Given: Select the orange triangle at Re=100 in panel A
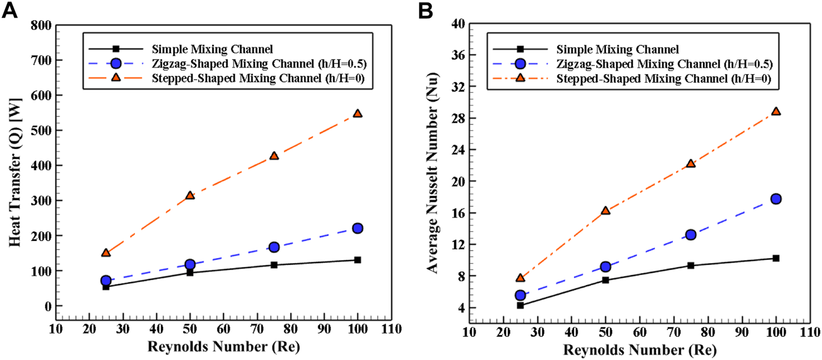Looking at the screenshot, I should point(357,113).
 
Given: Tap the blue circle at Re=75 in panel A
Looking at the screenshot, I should point(274,247).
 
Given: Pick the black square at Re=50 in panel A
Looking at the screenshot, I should point(190,272).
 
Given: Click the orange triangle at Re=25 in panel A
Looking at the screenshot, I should point(106,252).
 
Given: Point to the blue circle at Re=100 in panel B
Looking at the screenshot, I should point(775,199).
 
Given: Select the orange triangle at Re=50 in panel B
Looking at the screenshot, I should point(605,210).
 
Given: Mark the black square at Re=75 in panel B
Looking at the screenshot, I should point(691,265).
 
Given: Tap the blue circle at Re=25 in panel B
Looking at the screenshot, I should point(520,295).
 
